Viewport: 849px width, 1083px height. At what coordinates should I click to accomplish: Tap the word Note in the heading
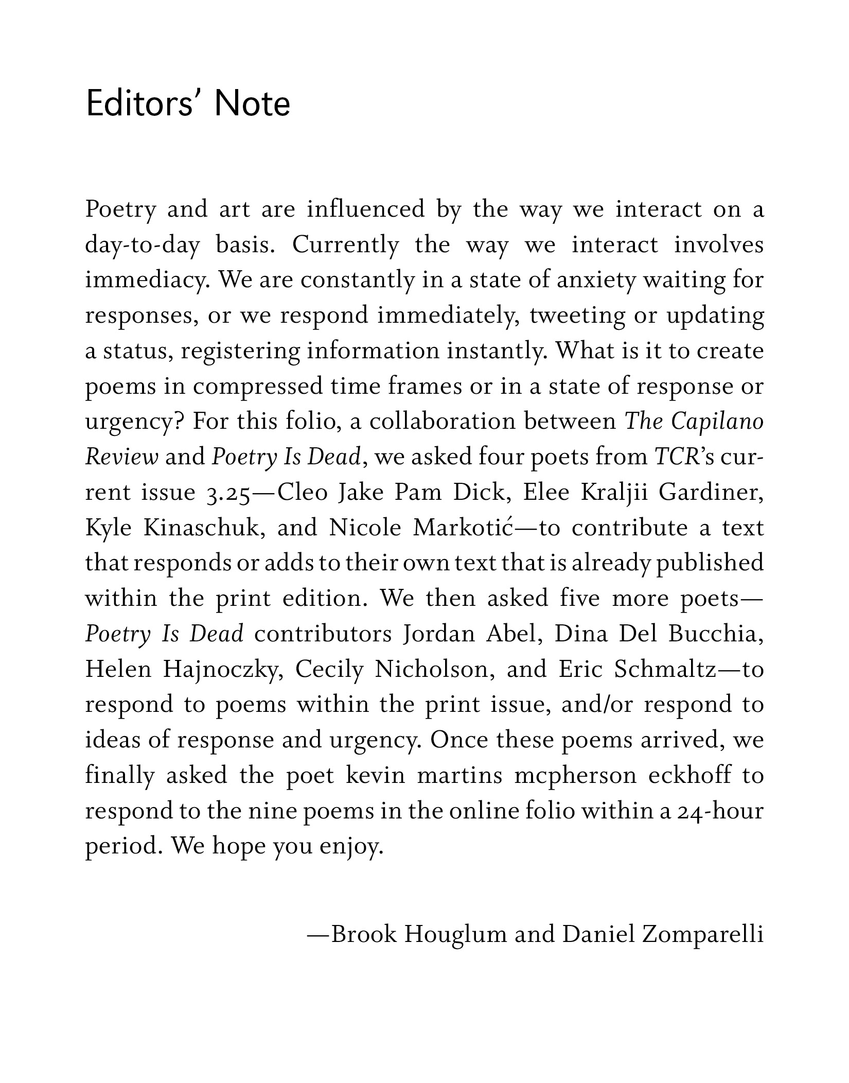pyautogui.click(x=252, y=104)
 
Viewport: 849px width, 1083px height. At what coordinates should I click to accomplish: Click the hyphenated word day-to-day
pyautogui.click(x=142, y=246)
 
